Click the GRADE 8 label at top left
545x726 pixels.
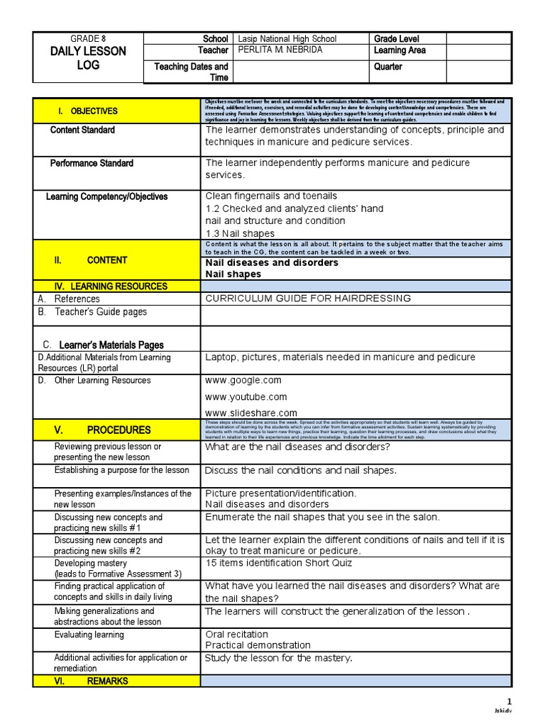(87, 38)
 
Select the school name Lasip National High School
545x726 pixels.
(287, 39)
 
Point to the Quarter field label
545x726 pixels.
(387, 67)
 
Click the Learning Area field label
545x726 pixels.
(400, 51)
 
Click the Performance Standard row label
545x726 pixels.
(92, 164)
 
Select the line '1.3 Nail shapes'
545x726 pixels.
(240, 233)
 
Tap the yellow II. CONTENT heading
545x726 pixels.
(91, 260)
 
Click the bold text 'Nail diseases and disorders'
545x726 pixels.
(272, 262)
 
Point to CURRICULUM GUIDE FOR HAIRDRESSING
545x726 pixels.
(308, 298)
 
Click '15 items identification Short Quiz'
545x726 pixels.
(279, 563)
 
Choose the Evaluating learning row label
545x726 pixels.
(89, 635)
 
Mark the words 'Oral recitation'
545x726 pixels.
(237, 634)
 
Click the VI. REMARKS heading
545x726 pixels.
(92, 681)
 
